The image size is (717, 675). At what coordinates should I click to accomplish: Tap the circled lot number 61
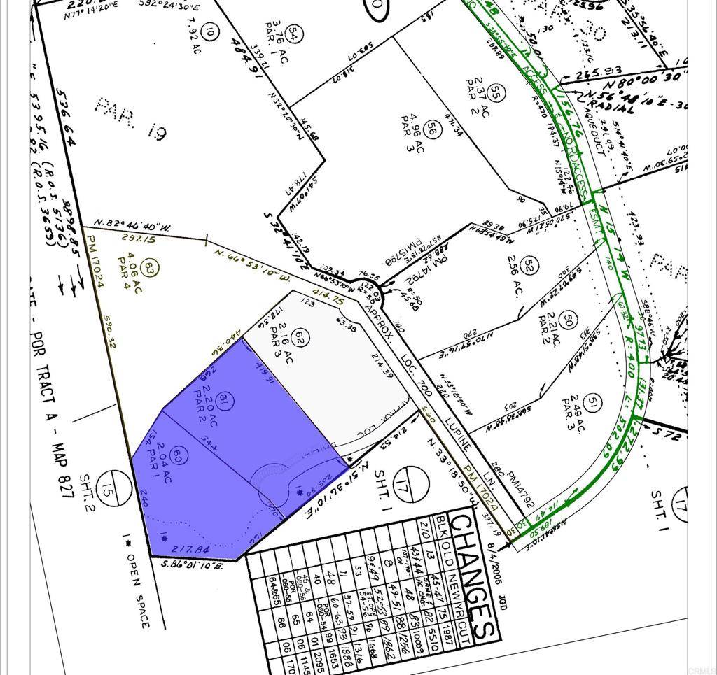click(x=224, y=401)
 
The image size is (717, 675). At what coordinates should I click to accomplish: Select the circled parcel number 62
click(x=300, y=338)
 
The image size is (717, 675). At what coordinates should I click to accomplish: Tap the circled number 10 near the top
click(x=208, y=30)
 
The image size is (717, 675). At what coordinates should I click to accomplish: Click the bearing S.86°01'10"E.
click(x=192, y=563)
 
